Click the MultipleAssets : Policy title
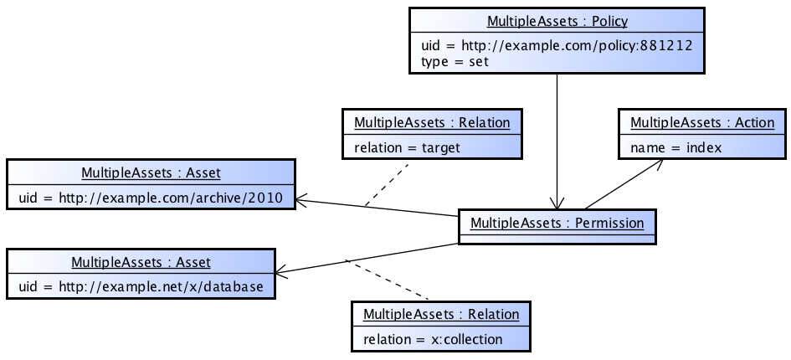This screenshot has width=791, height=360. [x=557, y=22]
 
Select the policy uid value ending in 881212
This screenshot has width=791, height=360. [x=557, y=46]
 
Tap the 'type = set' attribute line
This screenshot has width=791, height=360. [x=455, y=61]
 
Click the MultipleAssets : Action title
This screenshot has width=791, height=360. [x=701, y=123]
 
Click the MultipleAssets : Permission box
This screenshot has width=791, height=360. [x=557, y=224]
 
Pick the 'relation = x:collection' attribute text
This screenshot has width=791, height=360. [x=433, y=339]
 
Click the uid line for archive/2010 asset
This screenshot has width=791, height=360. [x=151, y=198]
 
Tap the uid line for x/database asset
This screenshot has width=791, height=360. [x=141, y=286]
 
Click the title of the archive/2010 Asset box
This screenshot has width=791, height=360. [x=151, y=173]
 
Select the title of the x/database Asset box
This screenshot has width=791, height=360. [x=141, y=262]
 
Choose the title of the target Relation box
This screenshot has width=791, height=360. [x=432, y=123]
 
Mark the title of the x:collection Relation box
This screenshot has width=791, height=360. [x=441, y=315]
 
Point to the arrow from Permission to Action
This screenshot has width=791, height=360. [x=624, y=184]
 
